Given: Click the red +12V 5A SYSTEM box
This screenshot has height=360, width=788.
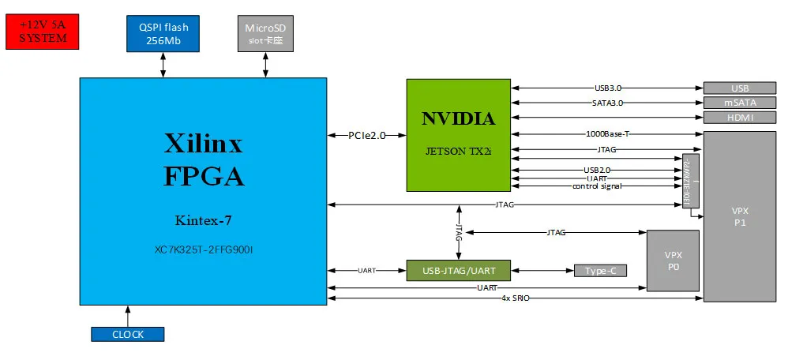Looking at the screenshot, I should pos(43,32).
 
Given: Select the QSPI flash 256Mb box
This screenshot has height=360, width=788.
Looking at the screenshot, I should pos(163,33).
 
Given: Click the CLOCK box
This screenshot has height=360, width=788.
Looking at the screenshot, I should pos(128,334).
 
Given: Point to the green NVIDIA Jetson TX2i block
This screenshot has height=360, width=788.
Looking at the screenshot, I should pos(458,134).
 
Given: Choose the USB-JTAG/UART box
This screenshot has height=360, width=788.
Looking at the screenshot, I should pos(458,270).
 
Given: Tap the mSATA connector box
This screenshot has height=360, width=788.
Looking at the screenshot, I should pos(739,103).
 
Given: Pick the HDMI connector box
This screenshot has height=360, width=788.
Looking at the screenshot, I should pos(739,118).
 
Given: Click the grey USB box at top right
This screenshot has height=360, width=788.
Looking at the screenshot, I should pos(739,88).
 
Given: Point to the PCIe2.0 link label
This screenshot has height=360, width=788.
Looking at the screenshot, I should pos(367,135).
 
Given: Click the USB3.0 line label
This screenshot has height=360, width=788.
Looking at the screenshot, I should pos(609,88).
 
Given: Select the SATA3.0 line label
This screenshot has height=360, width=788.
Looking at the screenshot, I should pos(608,103).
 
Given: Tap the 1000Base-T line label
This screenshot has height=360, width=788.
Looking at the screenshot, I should pos(607,133).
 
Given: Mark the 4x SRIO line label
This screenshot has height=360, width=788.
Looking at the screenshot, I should pos(518,298).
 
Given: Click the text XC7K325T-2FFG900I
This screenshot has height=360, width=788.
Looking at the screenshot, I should pos(203,249).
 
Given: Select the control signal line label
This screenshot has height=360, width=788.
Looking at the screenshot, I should pos(596,186).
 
